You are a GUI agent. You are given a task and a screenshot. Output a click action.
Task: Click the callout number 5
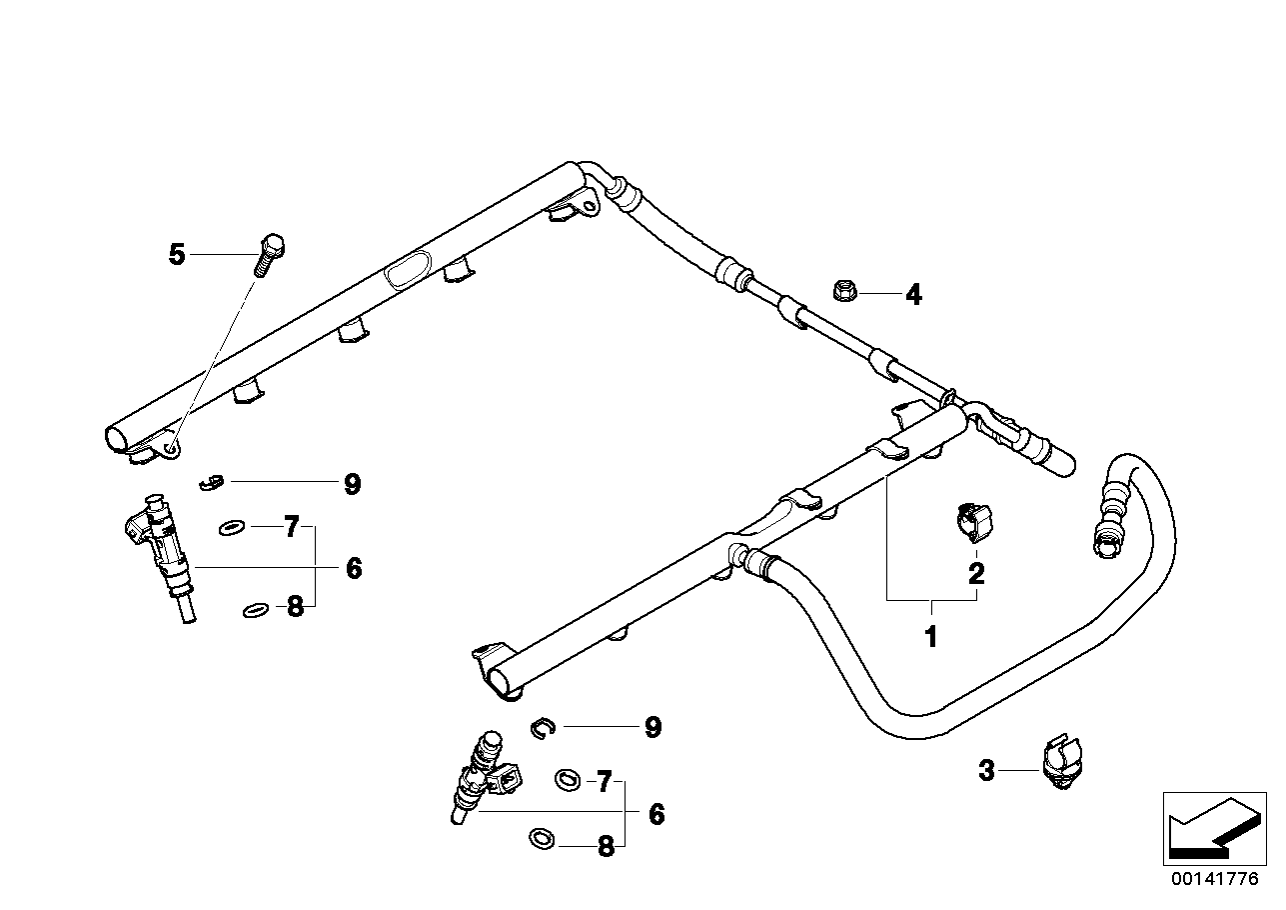click(177, 255)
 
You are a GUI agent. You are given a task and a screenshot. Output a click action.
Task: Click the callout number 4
click(912, 295)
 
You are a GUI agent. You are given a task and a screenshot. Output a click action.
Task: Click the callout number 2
click(976, 573)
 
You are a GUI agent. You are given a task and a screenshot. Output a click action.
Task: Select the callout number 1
click(930, 636)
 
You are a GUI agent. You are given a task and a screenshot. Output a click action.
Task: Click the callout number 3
click(986, 771)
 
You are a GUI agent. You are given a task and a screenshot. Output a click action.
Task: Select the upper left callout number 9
click(351, 485)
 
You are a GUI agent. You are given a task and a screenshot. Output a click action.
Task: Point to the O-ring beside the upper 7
click(230, 526)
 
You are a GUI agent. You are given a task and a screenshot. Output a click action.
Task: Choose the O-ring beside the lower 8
click(541, 840)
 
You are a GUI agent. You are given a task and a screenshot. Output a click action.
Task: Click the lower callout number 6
click(655, 814)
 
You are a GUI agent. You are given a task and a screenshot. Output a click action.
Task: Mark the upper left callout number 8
click(295, 607)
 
